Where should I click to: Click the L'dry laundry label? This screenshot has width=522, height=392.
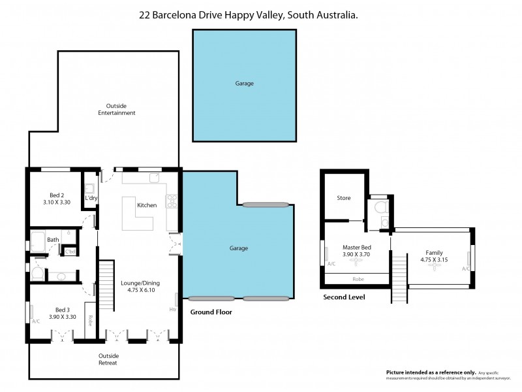91,198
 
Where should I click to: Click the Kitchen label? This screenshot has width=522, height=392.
146,206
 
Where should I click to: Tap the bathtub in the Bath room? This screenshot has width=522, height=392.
37,240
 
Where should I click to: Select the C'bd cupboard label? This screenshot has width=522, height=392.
70,252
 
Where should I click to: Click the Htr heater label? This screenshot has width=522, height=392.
173,309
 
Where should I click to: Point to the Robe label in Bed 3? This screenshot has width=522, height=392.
90,321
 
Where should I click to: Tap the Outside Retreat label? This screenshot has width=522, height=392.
108,359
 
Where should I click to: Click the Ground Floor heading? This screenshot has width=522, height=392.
211,312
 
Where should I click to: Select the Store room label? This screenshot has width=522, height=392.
343,198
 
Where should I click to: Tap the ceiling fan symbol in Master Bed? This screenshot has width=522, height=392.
356,262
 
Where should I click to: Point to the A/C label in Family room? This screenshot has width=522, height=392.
466,269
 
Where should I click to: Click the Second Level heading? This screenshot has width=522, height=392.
344,297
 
